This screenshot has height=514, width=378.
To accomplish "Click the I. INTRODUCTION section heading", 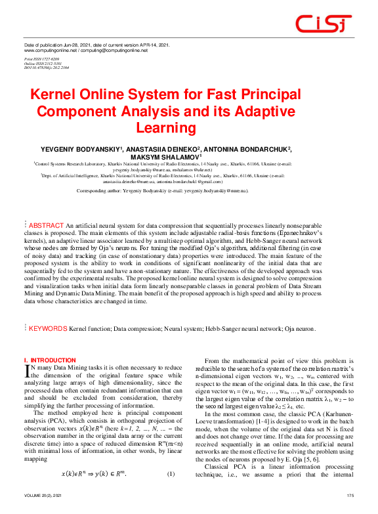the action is pos(50,360).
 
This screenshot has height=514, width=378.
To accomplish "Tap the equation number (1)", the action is pos(171,475).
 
